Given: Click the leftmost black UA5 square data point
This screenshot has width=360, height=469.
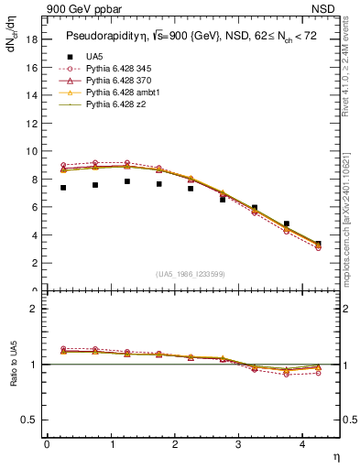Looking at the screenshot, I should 63,188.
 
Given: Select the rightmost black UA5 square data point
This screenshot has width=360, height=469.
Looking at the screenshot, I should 318,244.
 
